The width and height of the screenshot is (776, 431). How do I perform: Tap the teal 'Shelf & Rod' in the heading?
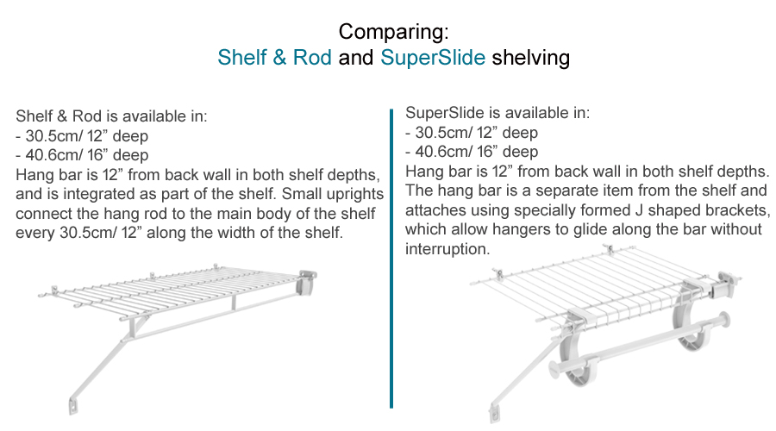pos(274,59)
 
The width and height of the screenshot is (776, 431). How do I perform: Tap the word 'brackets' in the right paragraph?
pos(721,209)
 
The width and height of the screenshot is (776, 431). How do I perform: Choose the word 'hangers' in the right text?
pos(548,229)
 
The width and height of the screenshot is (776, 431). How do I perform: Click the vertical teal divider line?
pos(391,258)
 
